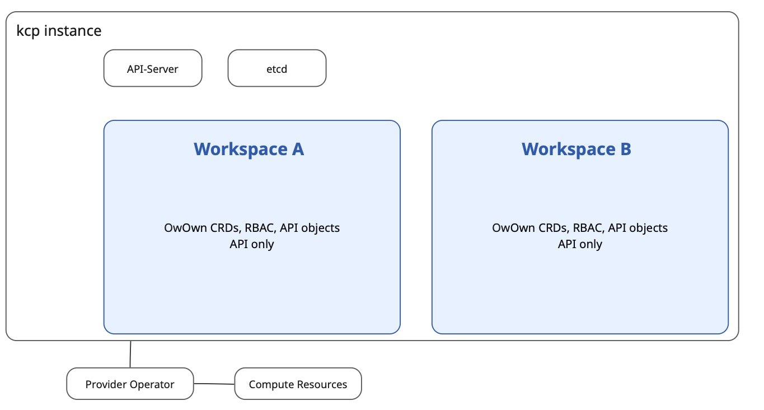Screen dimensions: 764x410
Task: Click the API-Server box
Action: tap(153, 68)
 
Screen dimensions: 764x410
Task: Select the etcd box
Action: tap(277, 68)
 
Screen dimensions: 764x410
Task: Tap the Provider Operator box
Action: tap(130, 384)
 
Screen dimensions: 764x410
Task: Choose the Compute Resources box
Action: tap(298, 384)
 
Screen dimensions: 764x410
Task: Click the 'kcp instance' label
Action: tap(59, 31)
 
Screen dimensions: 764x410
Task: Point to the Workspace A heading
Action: tap(249, 149)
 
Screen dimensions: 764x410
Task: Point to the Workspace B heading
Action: tap(576, 149)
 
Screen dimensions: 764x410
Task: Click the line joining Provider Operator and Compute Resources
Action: tap(214, 384)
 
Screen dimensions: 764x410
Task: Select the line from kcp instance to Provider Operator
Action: tap(130, 355)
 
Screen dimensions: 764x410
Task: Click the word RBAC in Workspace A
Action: tap(260, 228)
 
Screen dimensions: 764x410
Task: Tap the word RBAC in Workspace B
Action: tap(588, 228)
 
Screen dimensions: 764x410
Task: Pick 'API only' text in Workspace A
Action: tap(252, 244)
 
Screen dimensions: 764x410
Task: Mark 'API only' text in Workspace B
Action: tap(580, 244)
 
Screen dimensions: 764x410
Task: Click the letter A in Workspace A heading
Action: tap(298, 149)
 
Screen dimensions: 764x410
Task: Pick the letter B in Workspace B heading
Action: tap(626, 149)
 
